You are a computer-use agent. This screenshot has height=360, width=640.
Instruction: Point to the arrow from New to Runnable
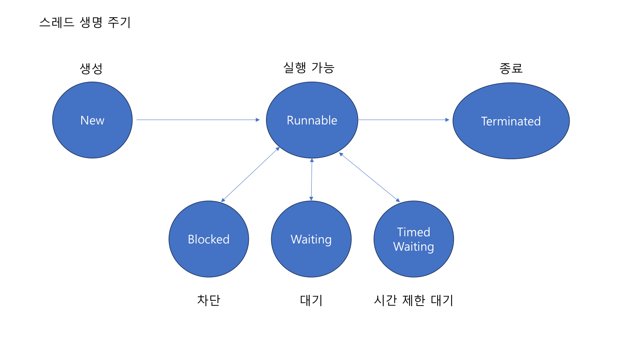[x=198, y=120]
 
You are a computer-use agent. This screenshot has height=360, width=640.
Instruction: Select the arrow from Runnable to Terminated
[x=403, y=120]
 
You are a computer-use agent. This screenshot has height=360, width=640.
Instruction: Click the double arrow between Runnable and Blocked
[x=250, y=174]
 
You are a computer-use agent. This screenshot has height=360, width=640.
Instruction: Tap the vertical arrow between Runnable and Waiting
[x=312, y=179]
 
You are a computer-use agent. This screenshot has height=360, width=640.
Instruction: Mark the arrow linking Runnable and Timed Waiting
[x=369, y=177]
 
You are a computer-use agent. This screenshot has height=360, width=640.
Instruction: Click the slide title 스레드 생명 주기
[x=85, y=22]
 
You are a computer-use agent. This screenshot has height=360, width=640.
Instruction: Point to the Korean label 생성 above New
[x=91, y=68]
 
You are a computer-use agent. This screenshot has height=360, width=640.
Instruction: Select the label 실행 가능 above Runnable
[x=308, y=68]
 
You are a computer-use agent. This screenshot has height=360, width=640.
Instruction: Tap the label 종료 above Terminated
[x=511, y=68]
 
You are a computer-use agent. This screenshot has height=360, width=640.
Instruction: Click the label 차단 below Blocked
[x=208, y=300]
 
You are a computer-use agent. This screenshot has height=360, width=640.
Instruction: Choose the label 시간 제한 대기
[x=413, y=300]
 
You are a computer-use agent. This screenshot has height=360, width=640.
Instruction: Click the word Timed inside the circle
[x=414, y=232]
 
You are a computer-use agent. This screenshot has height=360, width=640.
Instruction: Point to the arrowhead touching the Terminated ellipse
[x=447, y=120]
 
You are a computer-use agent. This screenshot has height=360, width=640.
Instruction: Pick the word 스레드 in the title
[x=57, y=22]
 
